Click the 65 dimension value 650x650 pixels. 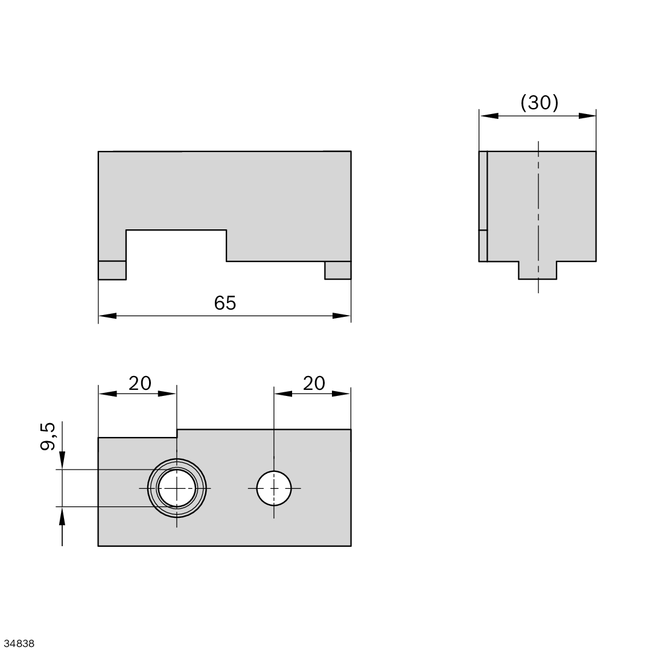tap(225, 303)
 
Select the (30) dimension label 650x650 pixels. tap(540, 103)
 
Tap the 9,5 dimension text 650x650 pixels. tap(48, 436)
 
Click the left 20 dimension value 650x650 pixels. tap(139, 383)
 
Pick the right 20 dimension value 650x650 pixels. tap(314, 383)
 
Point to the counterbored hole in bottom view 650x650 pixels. tap(177, 488)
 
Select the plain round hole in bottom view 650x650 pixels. tap(274, 488)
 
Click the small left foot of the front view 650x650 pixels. tap(112, 270)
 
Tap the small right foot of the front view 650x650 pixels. tap(338, 270)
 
